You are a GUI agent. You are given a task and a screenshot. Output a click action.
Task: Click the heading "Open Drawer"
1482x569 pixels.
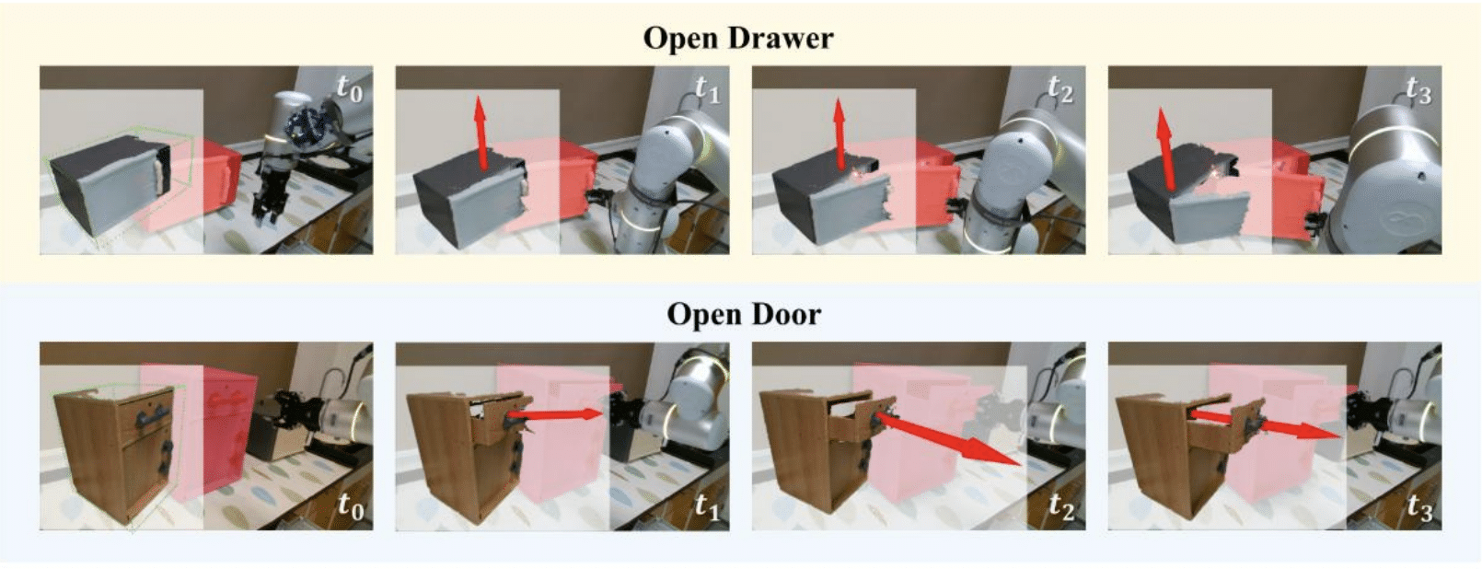[738, 38]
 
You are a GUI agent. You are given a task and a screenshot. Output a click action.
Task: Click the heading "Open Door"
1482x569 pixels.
[744, 314]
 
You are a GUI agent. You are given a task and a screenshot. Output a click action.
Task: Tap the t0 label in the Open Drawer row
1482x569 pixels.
[350, 88]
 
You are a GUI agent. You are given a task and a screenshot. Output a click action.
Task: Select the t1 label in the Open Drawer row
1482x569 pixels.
[706, 88]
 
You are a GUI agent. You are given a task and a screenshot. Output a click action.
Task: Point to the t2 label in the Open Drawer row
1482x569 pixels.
[1061, 88]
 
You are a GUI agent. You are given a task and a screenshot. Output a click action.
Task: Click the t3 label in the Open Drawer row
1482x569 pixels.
[1418, 88]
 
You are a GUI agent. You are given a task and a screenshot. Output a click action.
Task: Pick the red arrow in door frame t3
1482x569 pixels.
[1265, 424]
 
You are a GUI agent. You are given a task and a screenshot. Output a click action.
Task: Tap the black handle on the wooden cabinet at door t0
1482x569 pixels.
[151, 418]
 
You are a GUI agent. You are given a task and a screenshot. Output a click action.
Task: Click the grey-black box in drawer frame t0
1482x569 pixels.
[110, 186]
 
